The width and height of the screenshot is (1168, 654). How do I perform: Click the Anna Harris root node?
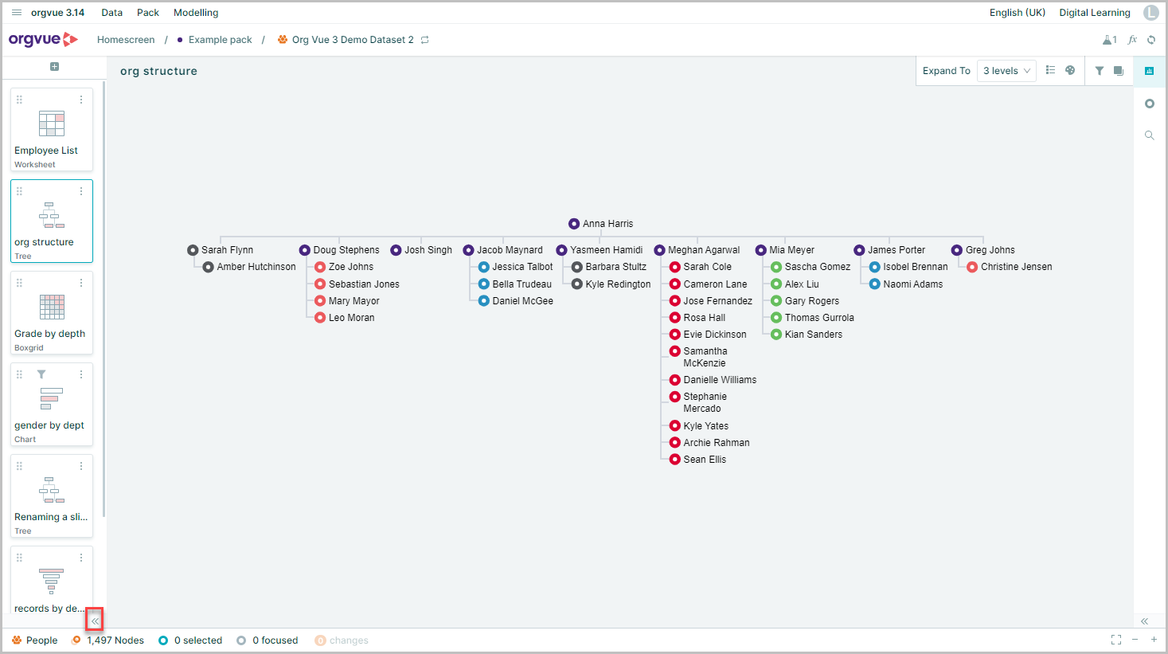pos(600,224)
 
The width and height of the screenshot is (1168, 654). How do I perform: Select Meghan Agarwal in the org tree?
pos(697,250)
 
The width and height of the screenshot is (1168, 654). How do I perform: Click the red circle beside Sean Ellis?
pos(674,460)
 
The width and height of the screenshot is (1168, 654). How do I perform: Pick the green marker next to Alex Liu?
pos(776,284)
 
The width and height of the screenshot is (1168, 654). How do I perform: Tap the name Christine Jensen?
pos(1016,267)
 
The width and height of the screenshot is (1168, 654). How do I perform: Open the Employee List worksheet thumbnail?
pos(52,129)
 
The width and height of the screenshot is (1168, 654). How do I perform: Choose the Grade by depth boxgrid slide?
pos(52,313)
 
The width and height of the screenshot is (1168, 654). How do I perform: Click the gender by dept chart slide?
pos(52,405)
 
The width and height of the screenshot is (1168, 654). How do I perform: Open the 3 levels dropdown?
pos(1006,71)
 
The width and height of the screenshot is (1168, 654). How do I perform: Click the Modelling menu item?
pos(196,13)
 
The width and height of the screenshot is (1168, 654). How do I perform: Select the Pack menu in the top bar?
pos(148,13)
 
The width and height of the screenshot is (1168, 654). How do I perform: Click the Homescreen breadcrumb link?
pos(126,40)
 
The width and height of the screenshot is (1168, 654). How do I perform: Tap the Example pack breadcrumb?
pos(220,40)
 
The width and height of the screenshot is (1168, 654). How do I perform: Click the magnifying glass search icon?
pos(1149,135)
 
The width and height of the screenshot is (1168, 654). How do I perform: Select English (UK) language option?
pos(1018,13)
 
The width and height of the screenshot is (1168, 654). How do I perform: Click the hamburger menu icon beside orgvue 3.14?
pos(17,13)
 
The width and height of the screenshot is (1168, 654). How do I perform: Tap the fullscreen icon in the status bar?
pos(1116,640)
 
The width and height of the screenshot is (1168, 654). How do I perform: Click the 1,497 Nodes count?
pos(115,640)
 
